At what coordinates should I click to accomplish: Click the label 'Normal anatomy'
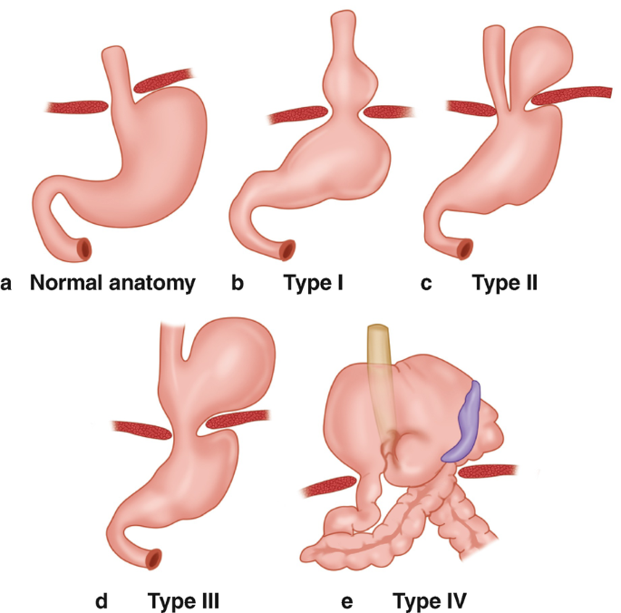coord(112,283)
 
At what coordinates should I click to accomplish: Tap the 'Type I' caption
coord(314,283)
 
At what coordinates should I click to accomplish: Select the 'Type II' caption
coord(505,283)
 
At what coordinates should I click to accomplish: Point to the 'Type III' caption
coord(185,599)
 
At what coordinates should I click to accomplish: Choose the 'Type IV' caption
coord(428,599)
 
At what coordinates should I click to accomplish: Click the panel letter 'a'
coord(8,284)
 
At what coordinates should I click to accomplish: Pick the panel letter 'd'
coord(102,599)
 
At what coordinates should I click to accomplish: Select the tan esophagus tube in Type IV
coord(380,363)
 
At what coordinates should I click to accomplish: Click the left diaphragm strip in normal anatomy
coord(77,107)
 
